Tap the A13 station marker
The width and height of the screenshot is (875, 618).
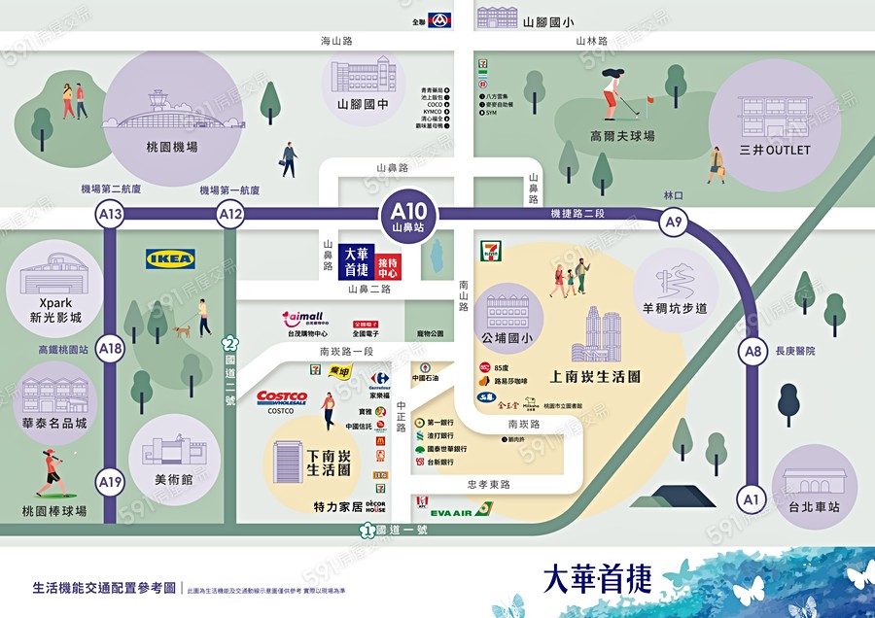(110, 215)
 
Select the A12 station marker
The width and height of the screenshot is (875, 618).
(230, 215)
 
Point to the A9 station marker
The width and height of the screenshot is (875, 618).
(673, 223)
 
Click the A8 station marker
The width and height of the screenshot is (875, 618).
(751, 351)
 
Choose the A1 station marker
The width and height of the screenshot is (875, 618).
(750, 499)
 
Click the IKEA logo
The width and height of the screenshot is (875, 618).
(170, 258)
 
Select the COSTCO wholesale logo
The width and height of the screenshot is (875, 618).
(282, 398)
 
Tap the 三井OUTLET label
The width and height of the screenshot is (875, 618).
(774, 151)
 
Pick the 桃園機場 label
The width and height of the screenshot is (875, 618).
(165, 147)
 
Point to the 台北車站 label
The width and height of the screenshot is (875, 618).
(815, 507)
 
